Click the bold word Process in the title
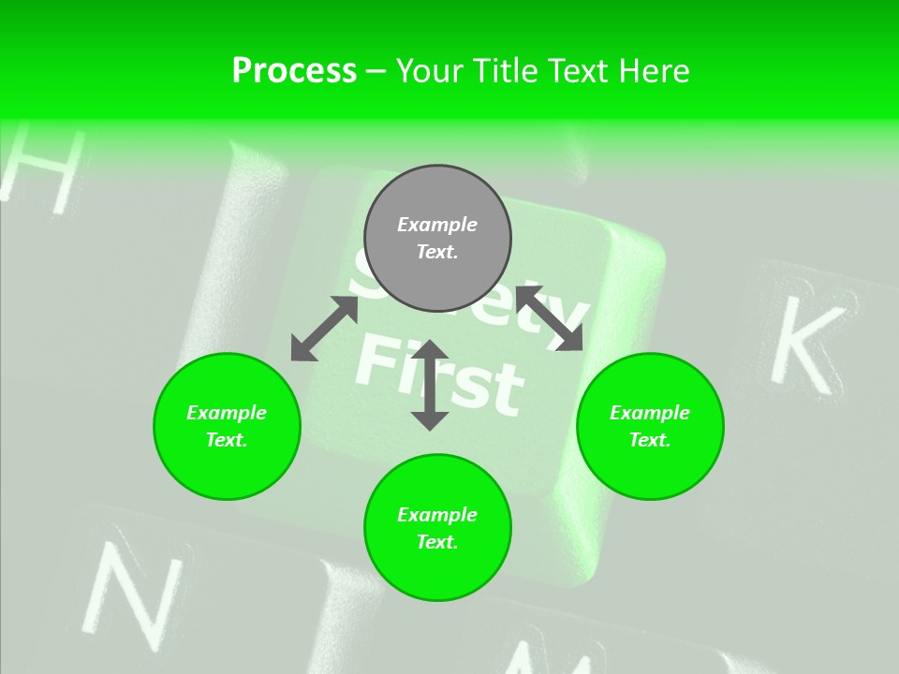[294, 71]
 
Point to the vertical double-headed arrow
[430, 386]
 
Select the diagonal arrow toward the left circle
[324, 329]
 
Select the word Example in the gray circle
[437, 225]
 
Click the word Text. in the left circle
[227, 440]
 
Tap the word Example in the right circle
[650, 413]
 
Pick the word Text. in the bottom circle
[437, 542]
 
